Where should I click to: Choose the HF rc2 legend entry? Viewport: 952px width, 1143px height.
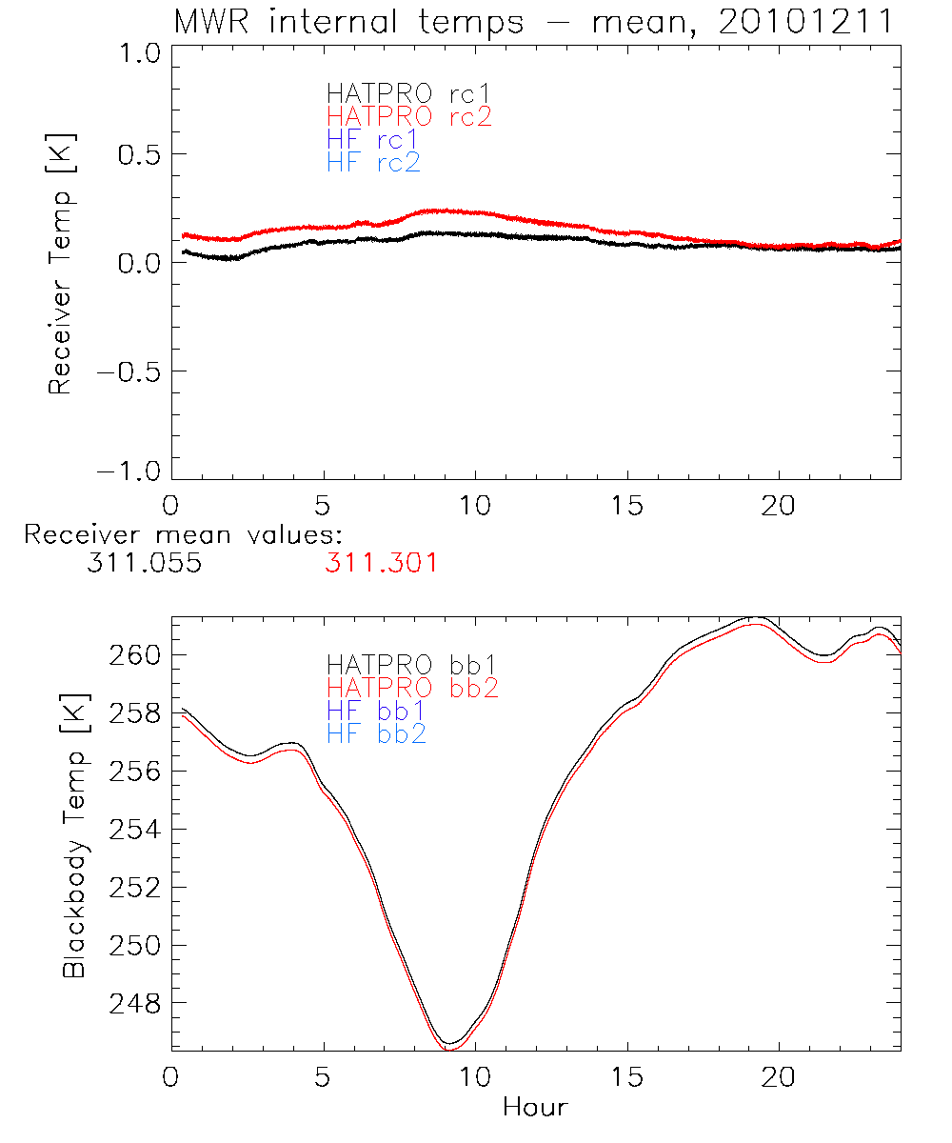[x=373, y=163]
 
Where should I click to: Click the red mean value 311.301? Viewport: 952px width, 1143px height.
[x=381, y=563]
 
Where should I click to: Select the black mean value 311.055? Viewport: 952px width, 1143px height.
[x=143, y=563]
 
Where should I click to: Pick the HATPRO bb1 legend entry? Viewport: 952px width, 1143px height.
[x=412, y=664]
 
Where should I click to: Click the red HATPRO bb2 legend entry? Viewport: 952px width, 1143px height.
[x=412, y=687]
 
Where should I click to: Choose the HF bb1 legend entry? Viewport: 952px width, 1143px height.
[x=375, y=711]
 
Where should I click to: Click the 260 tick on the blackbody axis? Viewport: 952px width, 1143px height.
[x=139, y=655]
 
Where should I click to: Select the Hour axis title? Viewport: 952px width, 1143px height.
[x=535, y=1108]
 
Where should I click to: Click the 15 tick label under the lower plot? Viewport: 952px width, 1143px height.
[x=627, y=1077]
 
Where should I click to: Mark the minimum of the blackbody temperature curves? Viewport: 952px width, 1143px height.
[x=449, y=1046]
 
